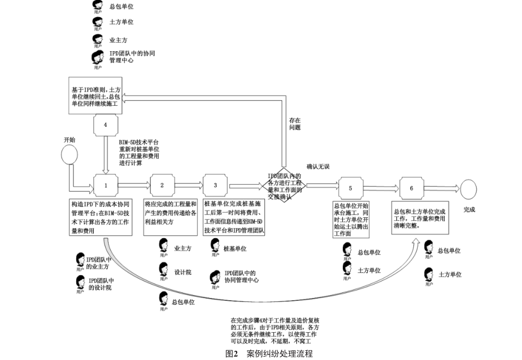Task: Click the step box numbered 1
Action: coord(105,185)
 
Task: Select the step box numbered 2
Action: coord(162,185)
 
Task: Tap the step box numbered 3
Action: coord(216,185)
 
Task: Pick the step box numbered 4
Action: coord(105,125)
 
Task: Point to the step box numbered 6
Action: coord(411,187)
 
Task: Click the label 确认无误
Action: coord(318,166)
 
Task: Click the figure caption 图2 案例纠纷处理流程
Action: coord(269,354)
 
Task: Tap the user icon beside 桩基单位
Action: coord(215,245)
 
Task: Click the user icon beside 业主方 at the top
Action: coord(98,40)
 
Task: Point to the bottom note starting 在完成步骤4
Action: coord(272,331)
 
